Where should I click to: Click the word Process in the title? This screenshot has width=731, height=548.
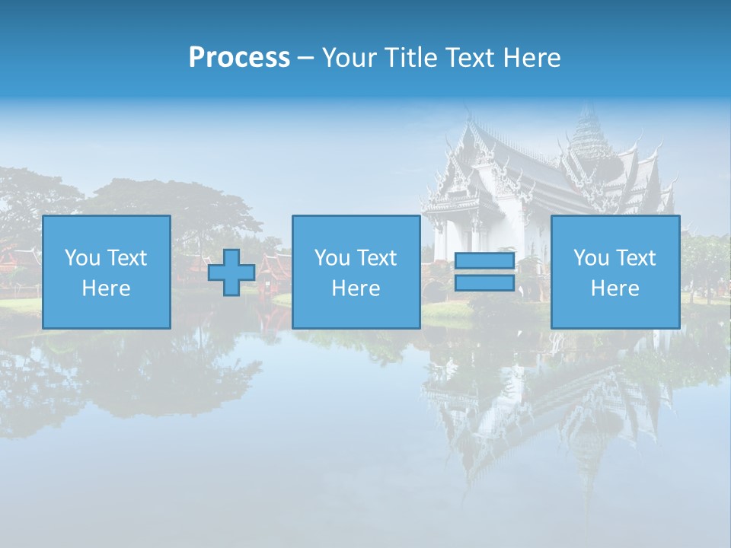coord(239,57)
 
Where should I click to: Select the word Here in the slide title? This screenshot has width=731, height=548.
coord(531,57)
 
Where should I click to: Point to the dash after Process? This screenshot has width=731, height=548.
coord(305,58)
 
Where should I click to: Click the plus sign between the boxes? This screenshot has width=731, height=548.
coord(231,272)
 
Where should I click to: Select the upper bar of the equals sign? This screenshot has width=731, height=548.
coord(484,261)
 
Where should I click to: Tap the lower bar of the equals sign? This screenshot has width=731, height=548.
coord(484,283)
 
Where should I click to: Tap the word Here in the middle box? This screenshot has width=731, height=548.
coord(356,288)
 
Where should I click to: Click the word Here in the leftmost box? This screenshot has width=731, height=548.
coord(107,288)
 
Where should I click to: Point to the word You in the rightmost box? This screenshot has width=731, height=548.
coord(591,258)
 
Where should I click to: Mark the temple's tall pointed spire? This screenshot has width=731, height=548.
coord(586,126)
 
